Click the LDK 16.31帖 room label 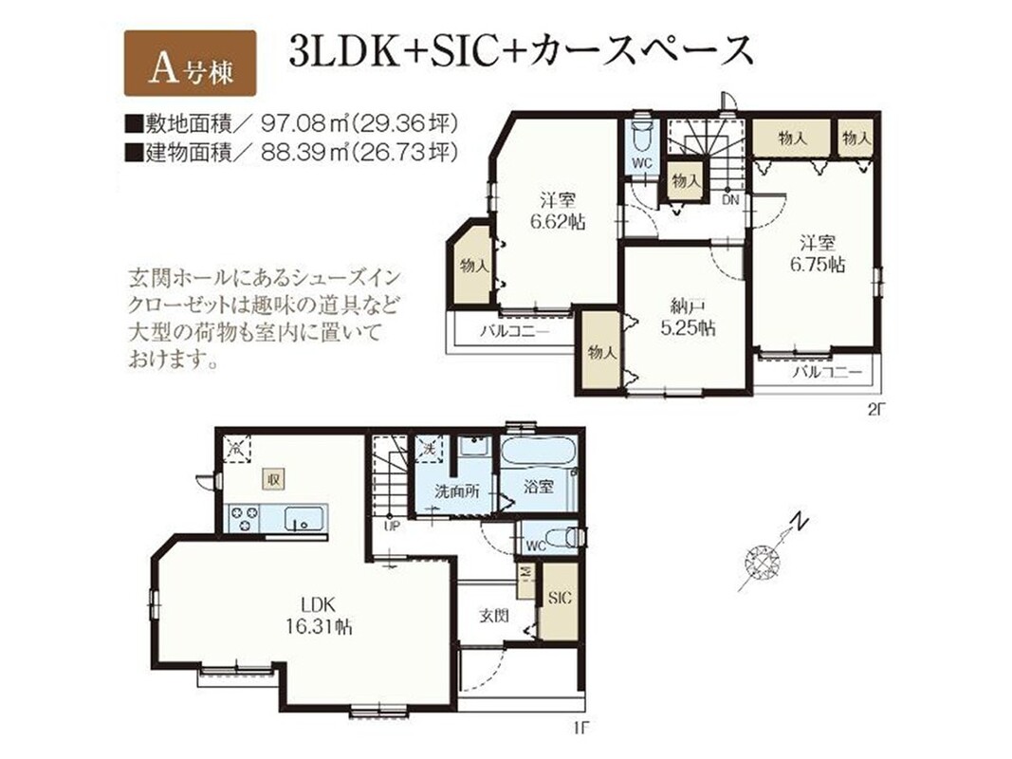(319, 616)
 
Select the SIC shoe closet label (560, 598)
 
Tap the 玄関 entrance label (494, 615)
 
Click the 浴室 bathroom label (538, 486)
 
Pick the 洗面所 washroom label (456, 491)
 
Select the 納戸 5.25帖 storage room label (688, 318)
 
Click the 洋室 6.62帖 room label (559, 211)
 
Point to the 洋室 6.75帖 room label (818, 253)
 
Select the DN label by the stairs (730, 200)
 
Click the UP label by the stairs (392, 526)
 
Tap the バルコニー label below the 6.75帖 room (827, 373)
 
